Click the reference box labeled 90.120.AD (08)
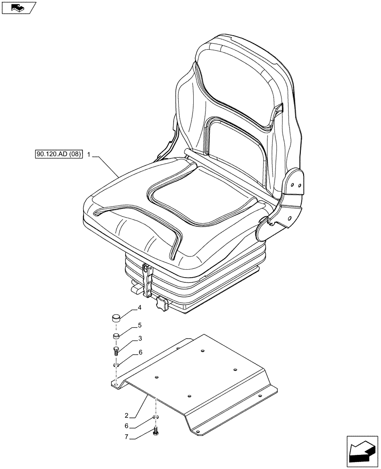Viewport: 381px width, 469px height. (58, 154)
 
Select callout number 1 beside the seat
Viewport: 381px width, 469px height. (89, 154)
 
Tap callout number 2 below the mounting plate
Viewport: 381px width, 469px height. (127, 416)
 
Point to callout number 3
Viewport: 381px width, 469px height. (140, 339)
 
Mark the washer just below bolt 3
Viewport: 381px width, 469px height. (116, 365)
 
